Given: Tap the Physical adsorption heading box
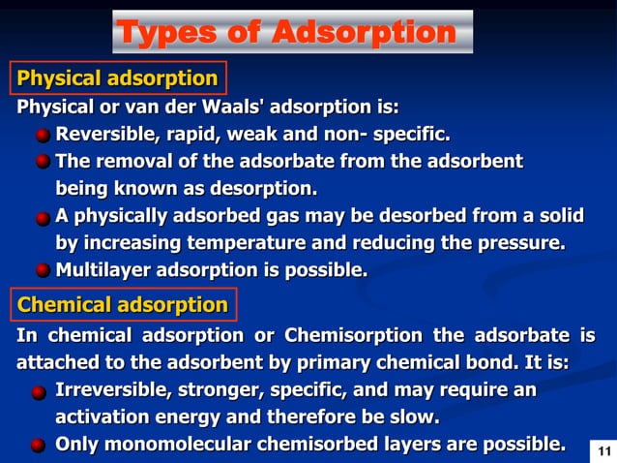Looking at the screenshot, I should pos(118,77).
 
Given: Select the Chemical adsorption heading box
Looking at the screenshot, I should pos(123,305).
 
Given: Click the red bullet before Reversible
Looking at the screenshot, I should pos(44,134).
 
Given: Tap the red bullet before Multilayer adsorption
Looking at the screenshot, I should pos(44,270).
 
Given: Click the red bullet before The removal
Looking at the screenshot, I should pos(44,161).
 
